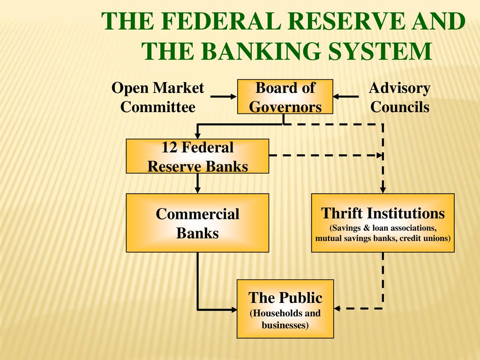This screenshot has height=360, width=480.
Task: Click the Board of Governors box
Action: coord(285,97)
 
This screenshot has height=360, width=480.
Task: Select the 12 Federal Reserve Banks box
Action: coord(197,157)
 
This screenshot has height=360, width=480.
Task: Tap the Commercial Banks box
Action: coord(197,223)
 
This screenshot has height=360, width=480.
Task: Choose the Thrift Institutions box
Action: coord(382,223)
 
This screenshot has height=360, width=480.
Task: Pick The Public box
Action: coord(285,309)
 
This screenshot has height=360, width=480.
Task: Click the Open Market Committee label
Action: coord(157,97)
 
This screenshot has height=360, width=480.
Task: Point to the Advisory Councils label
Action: coord(399,97)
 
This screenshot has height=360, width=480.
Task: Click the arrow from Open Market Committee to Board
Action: coord(224,97)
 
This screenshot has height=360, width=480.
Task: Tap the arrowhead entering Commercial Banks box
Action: coord(197,190)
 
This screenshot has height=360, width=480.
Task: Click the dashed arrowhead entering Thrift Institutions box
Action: coord(382,190)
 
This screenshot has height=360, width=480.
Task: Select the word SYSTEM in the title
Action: coord(379,51)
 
